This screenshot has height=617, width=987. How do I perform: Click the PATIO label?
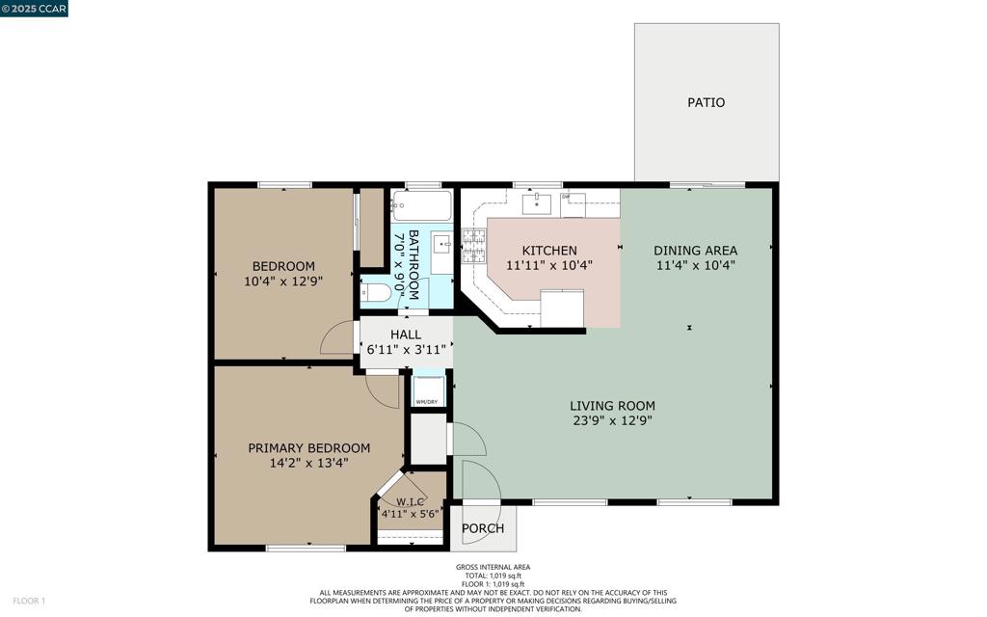(x=706, y=102)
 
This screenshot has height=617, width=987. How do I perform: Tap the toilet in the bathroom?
(x=376, y=293)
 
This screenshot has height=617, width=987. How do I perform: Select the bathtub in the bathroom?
(x=421, y=205)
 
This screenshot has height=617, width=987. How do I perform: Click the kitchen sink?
(x=536, y=203)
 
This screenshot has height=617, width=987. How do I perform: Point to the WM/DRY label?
(x=427, y=402)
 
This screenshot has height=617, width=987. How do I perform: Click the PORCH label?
(x=483, y=528)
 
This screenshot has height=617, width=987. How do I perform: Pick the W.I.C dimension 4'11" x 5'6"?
(x=410, y=514)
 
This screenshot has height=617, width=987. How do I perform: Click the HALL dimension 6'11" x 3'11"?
(x=406, y=349)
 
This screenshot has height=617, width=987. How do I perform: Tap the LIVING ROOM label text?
(x=612, y=406)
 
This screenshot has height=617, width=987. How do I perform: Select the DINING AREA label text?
(x=696, y=251)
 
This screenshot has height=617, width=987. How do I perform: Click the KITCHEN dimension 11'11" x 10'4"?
(x=549, y=266)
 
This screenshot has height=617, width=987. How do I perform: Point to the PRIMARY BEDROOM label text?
(x=309, y=448)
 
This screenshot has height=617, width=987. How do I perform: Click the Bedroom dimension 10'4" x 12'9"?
(x=283, y=282)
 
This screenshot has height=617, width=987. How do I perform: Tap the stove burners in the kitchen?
(x=474, y=246)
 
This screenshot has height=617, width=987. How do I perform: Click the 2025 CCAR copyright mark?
(x=34, y=8)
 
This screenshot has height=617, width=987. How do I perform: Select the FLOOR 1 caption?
(x=29, y=602)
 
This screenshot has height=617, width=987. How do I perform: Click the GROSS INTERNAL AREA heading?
(x=493, y=567)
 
